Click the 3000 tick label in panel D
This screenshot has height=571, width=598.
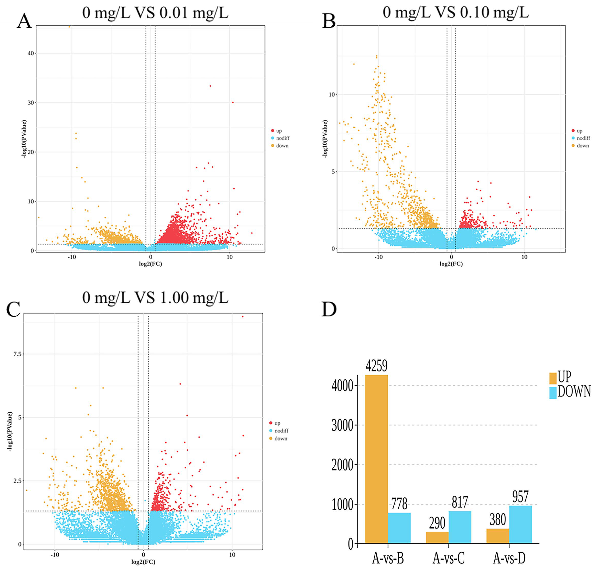(x=342, y=425)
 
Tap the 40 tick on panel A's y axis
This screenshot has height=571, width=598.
(x=31, y=53)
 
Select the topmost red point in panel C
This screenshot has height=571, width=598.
(x=243, y=317)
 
